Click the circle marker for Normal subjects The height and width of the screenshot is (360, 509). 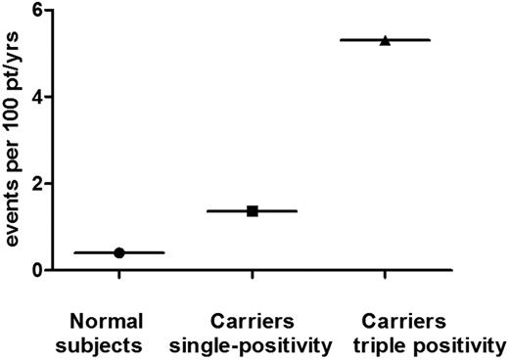click(119, 252)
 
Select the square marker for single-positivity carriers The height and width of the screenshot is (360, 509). click(253, 211)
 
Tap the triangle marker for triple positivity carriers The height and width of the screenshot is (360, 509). click(385, 40)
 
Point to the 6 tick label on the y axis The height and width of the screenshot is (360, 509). click(36, 11)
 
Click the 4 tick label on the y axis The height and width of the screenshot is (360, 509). click(36, 97)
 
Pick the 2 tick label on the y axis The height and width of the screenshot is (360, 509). click(36, 183)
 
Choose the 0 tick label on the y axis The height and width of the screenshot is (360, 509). click(36, 269)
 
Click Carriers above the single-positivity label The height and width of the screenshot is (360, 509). click(253, 320)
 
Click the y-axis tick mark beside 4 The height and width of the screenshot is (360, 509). click(49, 97)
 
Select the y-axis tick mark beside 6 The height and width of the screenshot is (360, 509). click(49, 11)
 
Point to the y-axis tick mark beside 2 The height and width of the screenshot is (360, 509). click(49, 183)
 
